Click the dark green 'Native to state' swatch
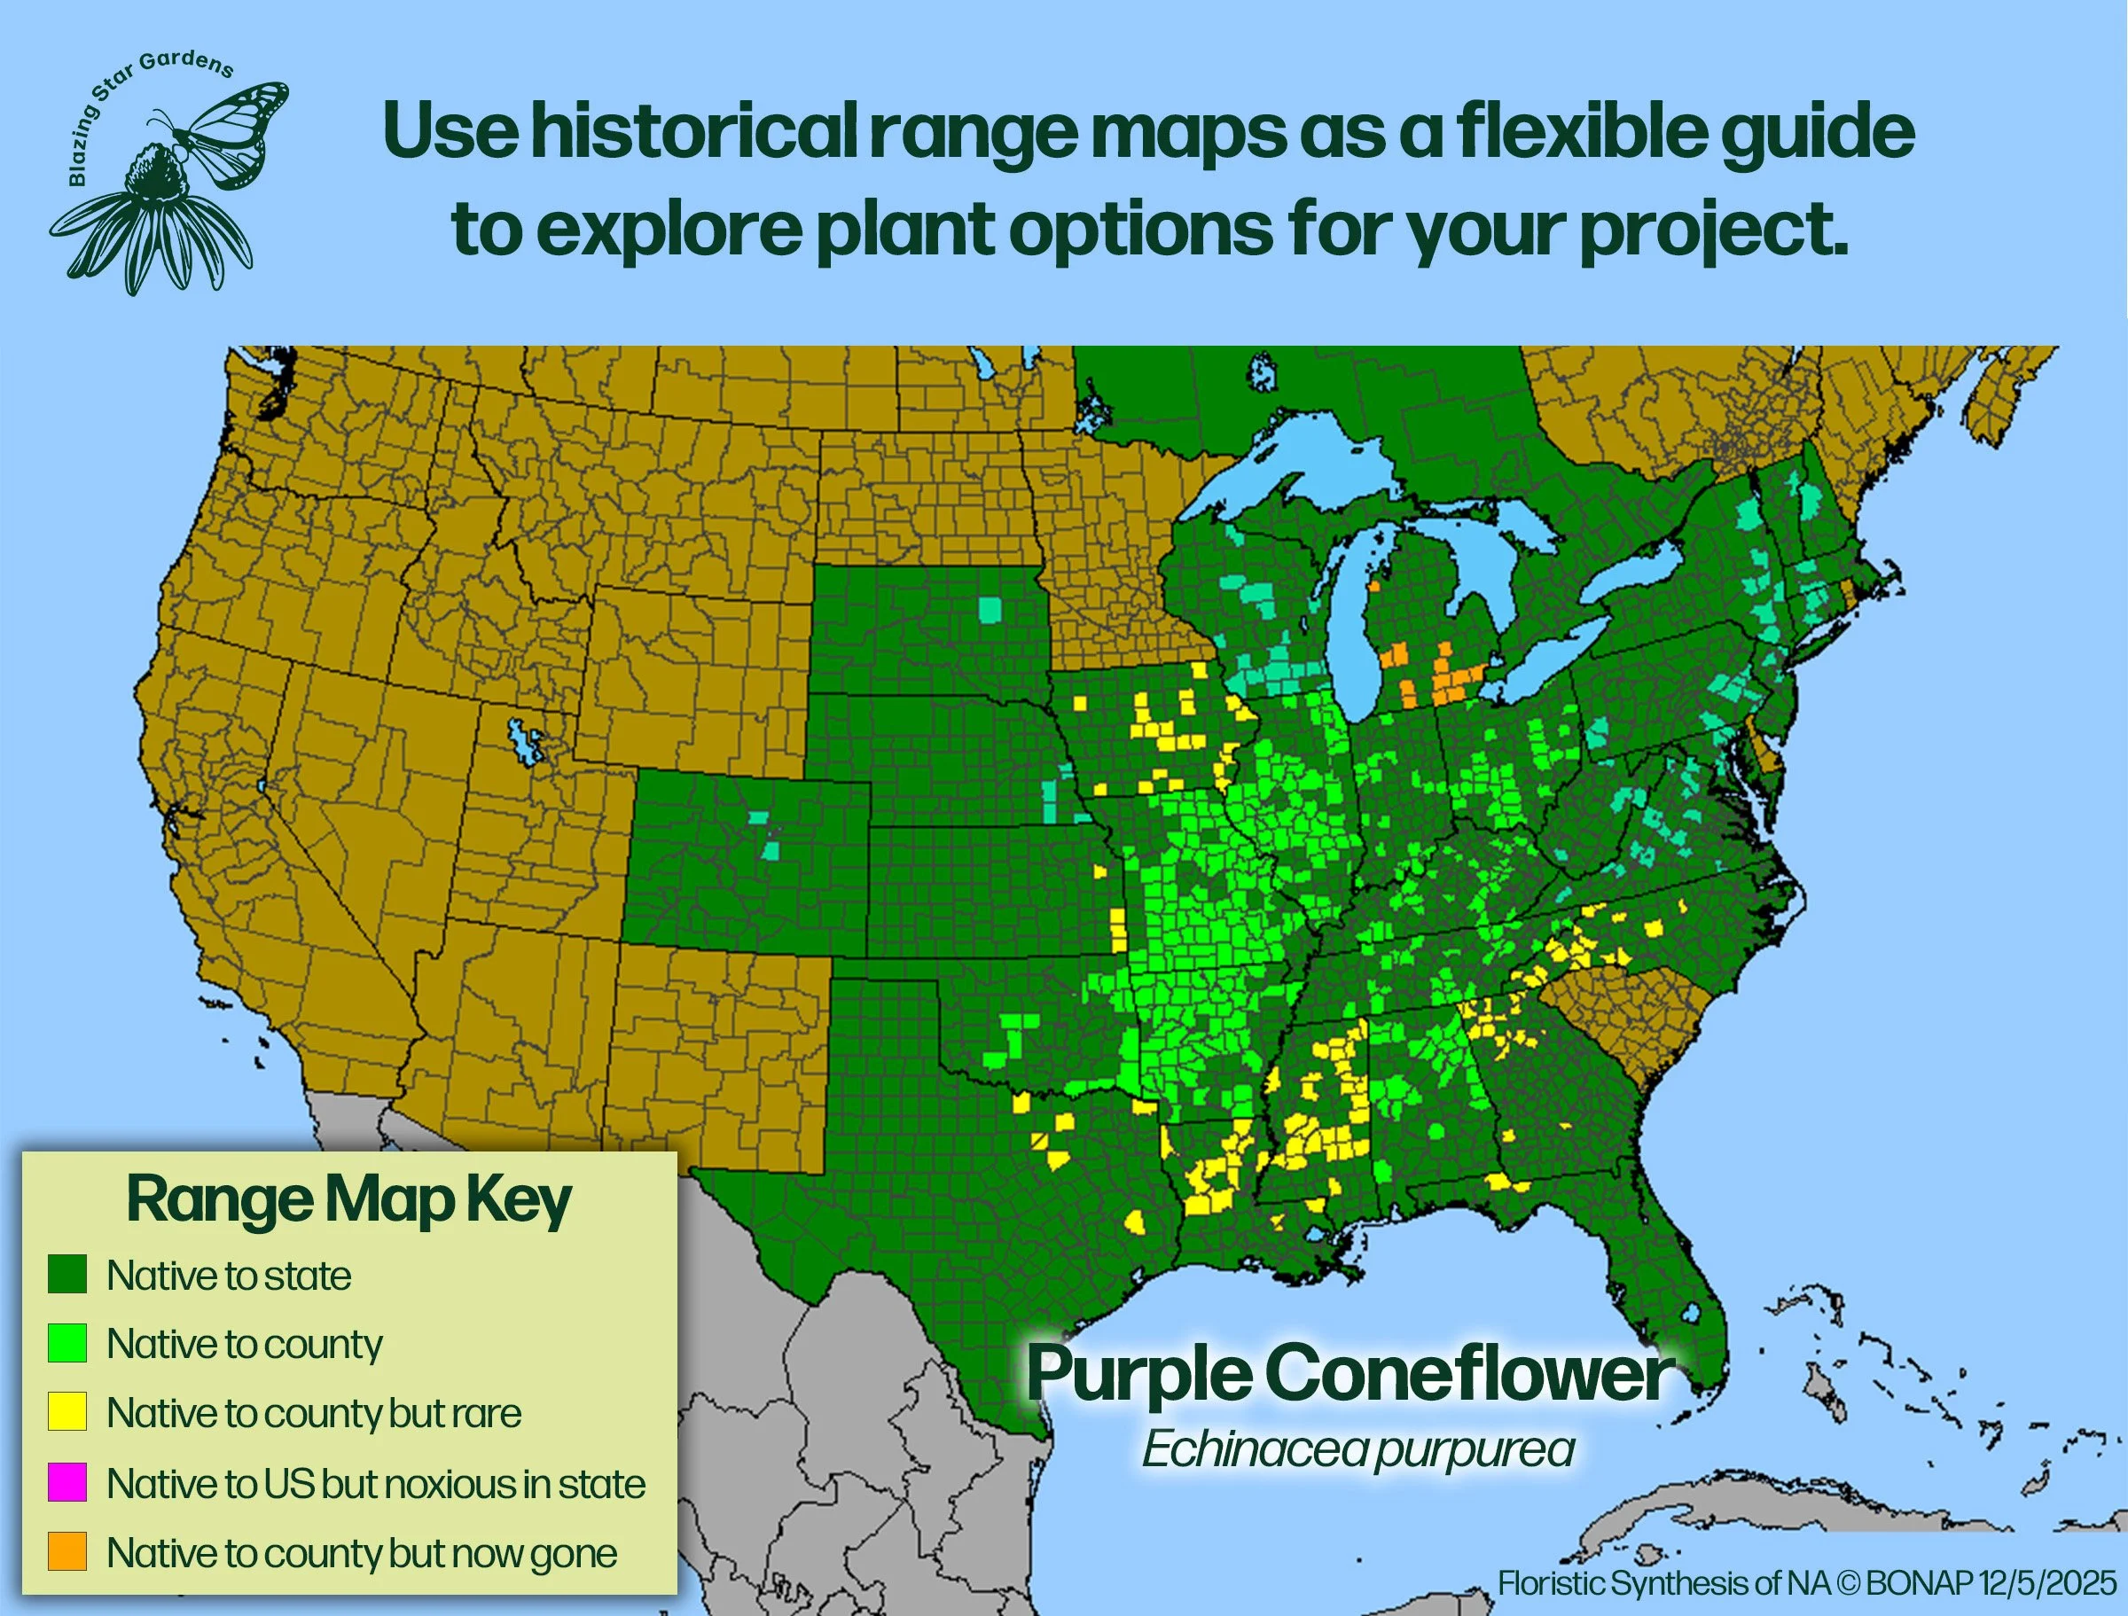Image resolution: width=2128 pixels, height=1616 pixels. [67, 1275]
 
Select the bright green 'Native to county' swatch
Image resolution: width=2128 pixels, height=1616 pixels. [67, 1343]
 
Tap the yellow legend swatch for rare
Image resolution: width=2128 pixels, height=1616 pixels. [67, 1412]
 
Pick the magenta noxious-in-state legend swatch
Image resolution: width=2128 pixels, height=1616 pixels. [67, 1482]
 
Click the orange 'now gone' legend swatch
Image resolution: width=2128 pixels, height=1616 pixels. [67, 1551]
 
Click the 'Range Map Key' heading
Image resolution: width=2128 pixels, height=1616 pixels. [348, 1200]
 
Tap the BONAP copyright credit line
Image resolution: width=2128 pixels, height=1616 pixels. [1807, 1582]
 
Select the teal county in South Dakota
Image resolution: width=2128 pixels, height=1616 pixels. [988, 609]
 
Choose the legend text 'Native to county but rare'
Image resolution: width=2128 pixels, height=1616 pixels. [314, 1412]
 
